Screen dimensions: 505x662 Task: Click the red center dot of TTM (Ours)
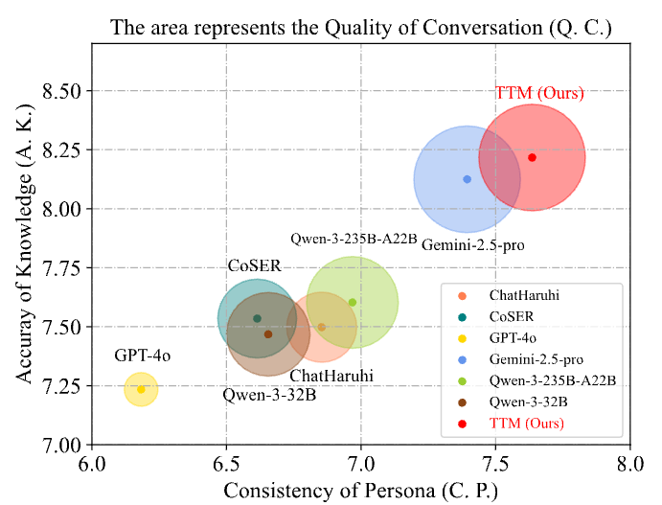tap(532, 158)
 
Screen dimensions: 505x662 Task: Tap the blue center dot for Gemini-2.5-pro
tap(467, 179)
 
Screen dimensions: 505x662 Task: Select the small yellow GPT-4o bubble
tap(141, 389)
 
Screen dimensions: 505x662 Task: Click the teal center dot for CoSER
tap(257, 318)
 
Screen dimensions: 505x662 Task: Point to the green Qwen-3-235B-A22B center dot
tap(353, 303)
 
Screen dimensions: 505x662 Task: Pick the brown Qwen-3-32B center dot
tap(268, 334)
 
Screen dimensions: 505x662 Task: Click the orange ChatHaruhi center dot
tap(322, 327)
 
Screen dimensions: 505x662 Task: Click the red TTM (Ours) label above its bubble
tap(539, 94)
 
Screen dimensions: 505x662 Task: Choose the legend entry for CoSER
tap(507, 315)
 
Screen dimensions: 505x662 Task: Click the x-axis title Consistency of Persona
tap(360, 491)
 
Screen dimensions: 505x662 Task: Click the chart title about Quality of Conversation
tap(360, 27)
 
